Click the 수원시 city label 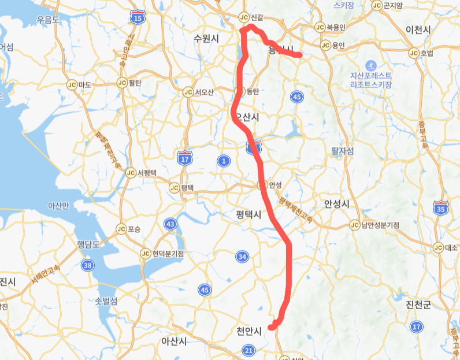click(x=206, y=39)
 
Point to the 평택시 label click(x=249, y=214)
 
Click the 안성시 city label click(x=337, y=204)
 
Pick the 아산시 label click(x=174, y=341)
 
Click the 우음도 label click(x=48, y=19)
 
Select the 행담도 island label click(x=88, y=244)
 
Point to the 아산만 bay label click(x=58, y=206)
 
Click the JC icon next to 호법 click(x=414, y=53)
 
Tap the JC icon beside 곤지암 click(x=377, y=6)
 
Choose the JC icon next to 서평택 click(x=131, y=173)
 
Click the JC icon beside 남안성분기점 click(x=354, y=225)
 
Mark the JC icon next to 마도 click(x=72, y=84)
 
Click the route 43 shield click(x=170, y=224)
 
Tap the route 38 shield click(x=88, y=265)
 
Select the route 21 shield click(x=249, y=350)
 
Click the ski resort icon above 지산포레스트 click(x=370, y=64)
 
